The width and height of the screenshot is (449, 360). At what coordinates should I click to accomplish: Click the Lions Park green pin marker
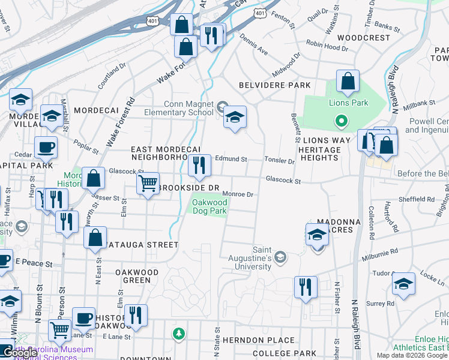[341, 122]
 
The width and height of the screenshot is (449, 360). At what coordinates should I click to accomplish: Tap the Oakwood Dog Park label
[209, 206]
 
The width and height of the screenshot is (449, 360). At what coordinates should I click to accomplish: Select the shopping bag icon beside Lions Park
[348, 82]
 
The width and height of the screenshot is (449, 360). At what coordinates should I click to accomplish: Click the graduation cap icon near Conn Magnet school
[235, 118]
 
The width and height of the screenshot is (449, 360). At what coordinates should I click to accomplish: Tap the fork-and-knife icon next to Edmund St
[199, 166]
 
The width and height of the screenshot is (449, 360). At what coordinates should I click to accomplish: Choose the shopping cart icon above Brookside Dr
[148, 184]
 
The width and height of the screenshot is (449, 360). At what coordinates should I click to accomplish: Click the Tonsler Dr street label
[280, 161]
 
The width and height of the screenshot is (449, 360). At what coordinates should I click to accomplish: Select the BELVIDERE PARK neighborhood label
[275, 85]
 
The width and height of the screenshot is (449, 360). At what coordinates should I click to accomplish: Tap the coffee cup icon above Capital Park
[46, 148]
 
